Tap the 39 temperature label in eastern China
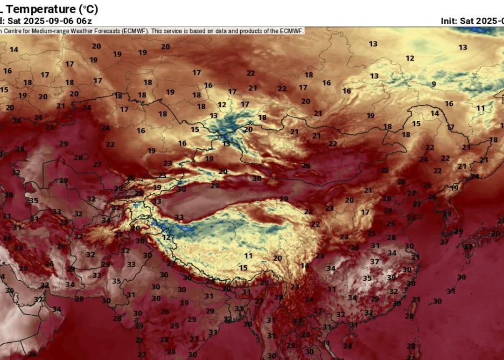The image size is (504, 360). pos(391,277)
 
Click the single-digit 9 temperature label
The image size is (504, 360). pos(434,84)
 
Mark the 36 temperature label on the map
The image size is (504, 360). pos(9,290)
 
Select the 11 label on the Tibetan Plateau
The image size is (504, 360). pos(248,256)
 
